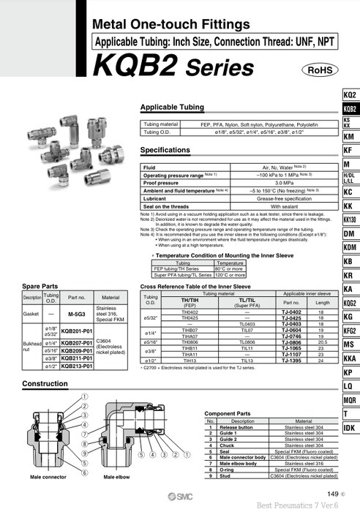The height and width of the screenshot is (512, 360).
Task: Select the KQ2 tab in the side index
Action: click(350, 96)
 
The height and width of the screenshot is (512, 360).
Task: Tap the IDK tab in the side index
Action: click(350, 428)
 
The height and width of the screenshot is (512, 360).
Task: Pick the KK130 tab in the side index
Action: click(350, 219)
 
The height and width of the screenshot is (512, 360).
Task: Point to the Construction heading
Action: click(45, 384)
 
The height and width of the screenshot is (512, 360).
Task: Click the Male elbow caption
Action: click(118, 477)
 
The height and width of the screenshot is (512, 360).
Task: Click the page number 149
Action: click(334, 494)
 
